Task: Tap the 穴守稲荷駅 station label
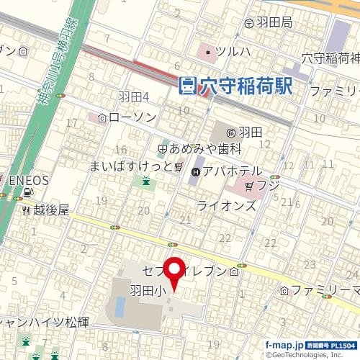246,86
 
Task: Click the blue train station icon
187,86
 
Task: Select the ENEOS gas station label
28,180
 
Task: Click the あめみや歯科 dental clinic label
205,149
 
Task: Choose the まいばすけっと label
131,167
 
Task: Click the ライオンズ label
226,206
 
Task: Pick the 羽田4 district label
133,96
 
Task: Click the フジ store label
268,186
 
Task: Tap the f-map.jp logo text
284,345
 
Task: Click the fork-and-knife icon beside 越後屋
26,210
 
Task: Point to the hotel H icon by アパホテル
195,172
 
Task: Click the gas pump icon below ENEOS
27,192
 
